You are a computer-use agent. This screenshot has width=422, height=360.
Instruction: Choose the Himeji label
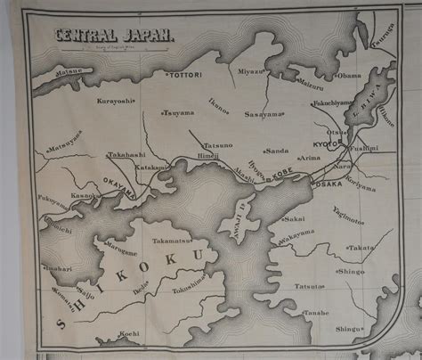point(208,153)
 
